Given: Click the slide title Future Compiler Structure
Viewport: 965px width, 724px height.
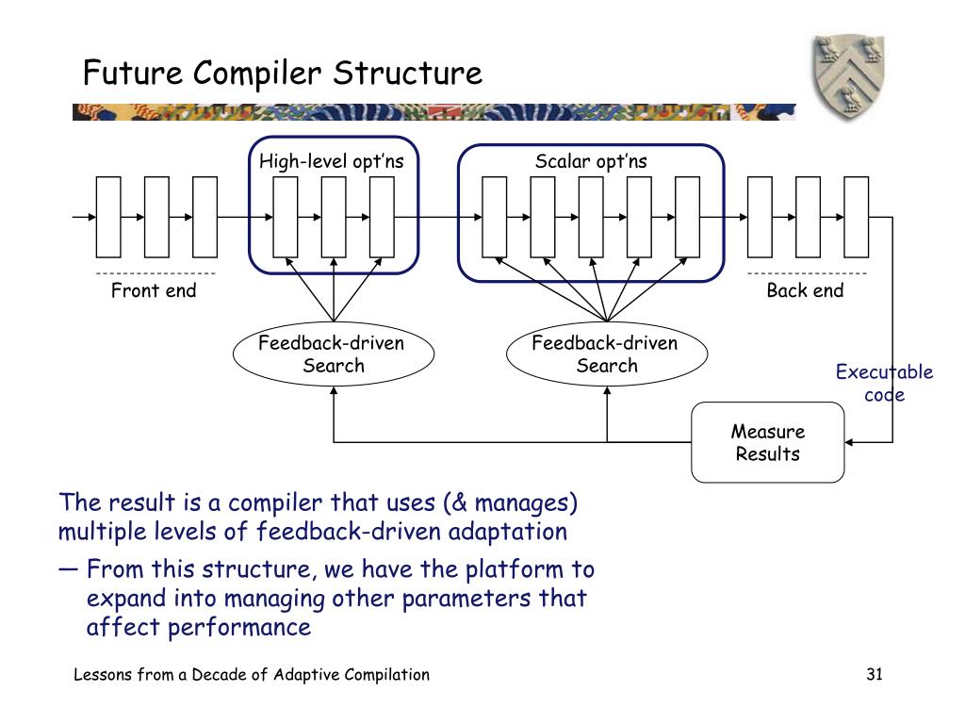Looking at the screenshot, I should tap(282, 73).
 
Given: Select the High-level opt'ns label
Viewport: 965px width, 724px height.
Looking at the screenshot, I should tap(332, 162).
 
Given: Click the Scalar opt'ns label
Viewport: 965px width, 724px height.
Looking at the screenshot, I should tap(591, 162).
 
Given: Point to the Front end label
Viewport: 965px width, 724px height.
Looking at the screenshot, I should tap(154, 290).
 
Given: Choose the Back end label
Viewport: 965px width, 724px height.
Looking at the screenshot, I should tap(805, 290).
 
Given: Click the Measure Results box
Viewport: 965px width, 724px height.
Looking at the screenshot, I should tap(767, 442).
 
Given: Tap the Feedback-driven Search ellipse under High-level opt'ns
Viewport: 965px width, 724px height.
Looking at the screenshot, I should tap(332, 354).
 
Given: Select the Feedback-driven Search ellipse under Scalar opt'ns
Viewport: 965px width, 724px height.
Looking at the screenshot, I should tap(605, 354).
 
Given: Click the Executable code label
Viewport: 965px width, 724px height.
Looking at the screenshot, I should tap(884, 383).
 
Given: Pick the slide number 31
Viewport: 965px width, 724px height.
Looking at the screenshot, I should tap(875, 674).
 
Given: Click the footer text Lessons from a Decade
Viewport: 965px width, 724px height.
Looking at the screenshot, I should tap(252, 674).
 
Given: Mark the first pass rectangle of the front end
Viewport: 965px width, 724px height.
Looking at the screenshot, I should tap(109, 217).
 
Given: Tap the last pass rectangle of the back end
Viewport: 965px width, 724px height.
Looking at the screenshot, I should tap(856, 217).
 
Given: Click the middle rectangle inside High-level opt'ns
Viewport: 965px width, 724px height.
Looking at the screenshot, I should tap(334, 217).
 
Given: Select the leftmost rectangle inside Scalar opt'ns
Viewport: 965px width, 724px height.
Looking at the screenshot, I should tap(494, 217).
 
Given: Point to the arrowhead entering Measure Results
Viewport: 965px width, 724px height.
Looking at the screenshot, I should tap(849, 441).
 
